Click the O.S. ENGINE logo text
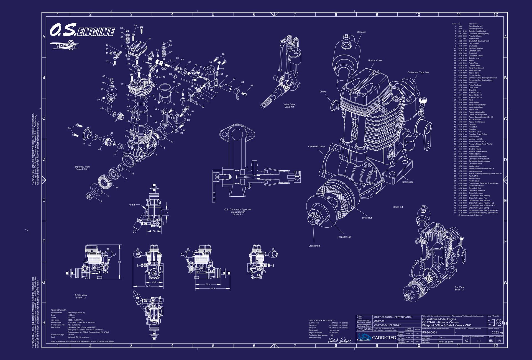[82, 30]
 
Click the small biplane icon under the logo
[64, 45]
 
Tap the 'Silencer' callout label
[361, 32]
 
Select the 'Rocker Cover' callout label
[375, 60]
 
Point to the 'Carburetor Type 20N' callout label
[418, 73]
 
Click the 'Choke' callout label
[323, 92]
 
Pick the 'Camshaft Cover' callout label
[316, 146]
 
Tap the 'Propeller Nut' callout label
[344, 237]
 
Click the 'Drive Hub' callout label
[367, 218]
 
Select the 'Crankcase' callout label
[408, 182]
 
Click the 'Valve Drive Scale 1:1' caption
[289, 106]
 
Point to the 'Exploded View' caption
[82, 167]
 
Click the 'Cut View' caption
[459, 287]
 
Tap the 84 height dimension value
[119, 262]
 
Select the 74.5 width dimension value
[148, 286]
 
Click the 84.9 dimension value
[213, 289]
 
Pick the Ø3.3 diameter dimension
[132, 205]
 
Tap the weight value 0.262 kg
[497, 333]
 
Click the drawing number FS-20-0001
[429, 333]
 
